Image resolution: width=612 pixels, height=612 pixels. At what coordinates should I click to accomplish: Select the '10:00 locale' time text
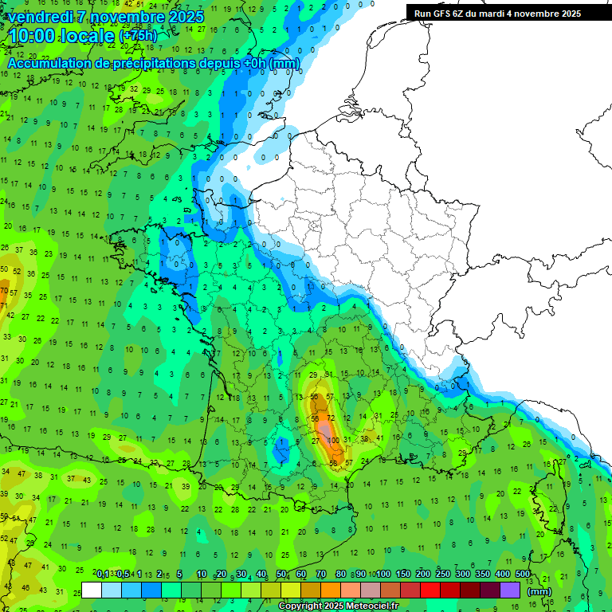(x=61, y=36)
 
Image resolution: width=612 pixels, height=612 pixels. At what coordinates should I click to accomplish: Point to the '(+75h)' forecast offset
(x=138, y=37)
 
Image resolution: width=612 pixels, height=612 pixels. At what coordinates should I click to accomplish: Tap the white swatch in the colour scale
(x=92, y=590)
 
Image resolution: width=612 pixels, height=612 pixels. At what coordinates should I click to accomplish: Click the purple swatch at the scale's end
(x=510, y=590)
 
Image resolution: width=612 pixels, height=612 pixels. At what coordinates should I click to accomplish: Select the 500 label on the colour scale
(x=523, y=575)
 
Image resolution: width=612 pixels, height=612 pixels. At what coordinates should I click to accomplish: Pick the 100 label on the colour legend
(x=383, y=575)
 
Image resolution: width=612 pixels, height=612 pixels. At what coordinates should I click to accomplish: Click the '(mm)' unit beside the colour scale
(x=539, y=591)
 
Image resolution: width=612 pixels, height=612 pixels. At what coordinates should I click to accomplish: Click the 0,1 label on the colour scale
(x=103, y=575)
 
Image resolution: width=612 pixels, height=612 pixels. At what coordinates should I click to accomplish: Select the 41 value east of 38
(x=380, y=437)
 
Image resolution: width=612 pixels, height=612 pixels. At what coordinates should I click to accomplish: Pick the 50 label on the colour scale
(x=281, y=575)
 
